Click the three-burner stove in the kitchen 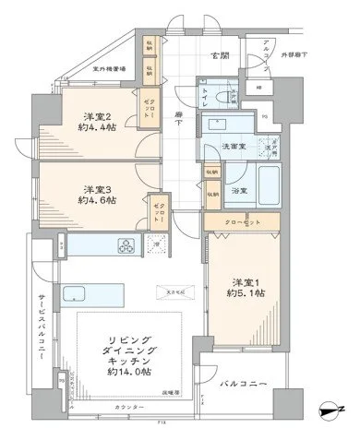(x=124, y=245)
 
